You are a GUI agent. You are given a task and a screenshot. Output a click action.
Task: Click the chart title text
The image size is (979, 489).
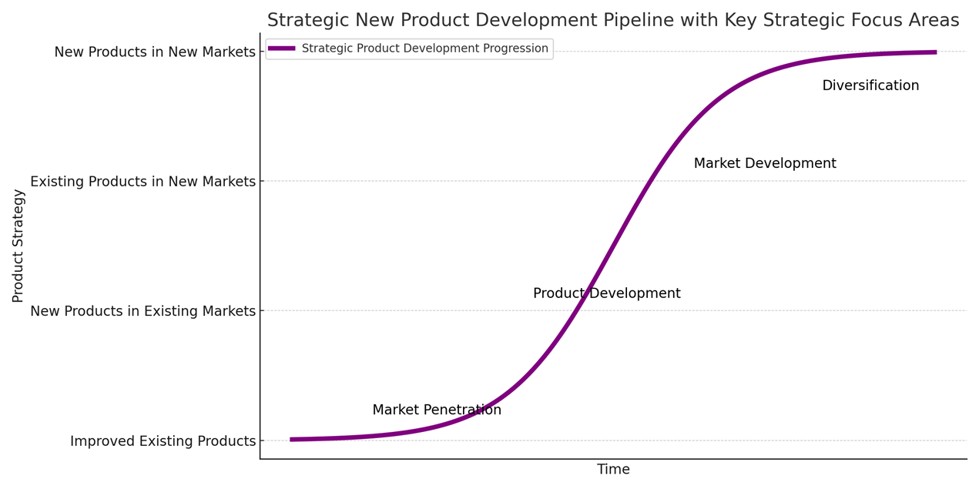[x=612, y=21]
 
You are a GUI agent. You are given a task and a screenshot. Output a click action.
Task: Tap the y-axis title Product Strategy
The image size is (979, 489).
[x=18, y=246]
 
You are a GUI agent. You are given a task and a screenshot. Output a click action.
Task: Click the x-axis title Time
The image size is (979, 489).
[x=613, y=470]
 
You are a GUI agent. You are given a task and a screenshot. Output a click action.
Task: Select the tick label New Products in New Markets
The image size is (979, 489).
[x=155, y=52]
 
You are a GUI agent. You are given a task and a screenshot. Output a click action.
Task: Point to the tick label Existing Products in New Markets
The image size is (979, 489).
[x=142, y=182]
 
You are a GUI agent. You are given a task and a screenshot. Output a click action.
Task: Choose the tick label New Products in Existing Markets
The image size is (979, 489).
[x=142, y=311]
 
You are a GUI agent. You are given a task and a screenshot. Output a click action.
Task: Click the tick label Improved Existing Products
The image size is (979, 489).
[x=163, y=441]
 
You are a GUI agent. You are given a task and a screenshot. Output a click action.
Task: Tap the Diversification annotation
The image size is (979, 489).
[x=870, y=86]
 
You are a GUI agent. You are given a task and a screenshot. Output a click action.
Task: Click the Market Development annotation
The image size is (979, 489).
[x=765, y=164]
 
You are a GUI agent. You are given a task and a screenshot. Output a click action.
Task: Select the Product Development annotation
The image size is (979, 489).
[x=606, y=294]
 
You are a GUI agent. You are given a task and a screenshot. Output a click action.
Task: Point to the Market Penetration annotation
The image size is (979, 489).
[x=437, y=410]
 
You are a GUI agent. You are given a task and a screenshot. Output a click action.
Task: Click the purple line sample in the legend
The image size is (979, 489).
[x=282, y=49]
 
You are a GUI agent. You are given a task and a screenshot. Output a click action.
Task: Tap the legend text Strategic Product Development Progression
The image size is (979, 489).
[x=424, y=49]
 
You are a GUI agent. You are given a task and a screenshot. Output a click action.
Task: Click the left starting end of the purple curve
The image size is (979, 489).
[x=292, y=440]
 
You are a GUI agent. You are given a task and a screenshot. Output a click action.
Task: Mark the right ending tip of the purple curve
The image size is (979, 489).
[x=935, y=52]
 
